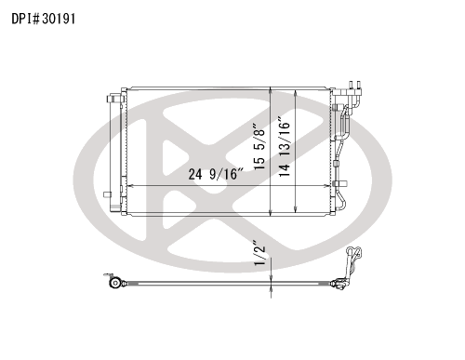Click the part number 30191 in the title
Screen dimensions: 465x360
(x=59, y=19)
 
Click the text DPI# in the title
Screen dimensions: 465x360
(x=26, y=19)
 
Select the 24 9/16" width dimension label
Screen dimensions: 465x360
(x=216, y=174)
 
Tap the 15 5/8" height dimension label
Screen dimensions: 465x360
(x=259, y=146)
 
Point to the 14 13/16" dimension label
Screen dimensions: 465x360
(x=285, y=147)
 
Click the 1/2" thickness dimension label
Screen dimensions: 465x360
(x=259, y=253)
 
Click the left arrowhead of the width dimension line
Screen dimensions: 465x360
(x=131, y=186)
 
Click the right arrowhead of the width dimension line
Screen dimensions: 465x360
(x=327, y=186)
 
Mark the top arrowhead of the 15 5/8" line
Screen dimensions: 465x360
(x=271, y=90)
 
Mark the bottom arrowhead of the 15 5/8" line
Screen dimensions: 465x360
(x=271, y=213)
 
